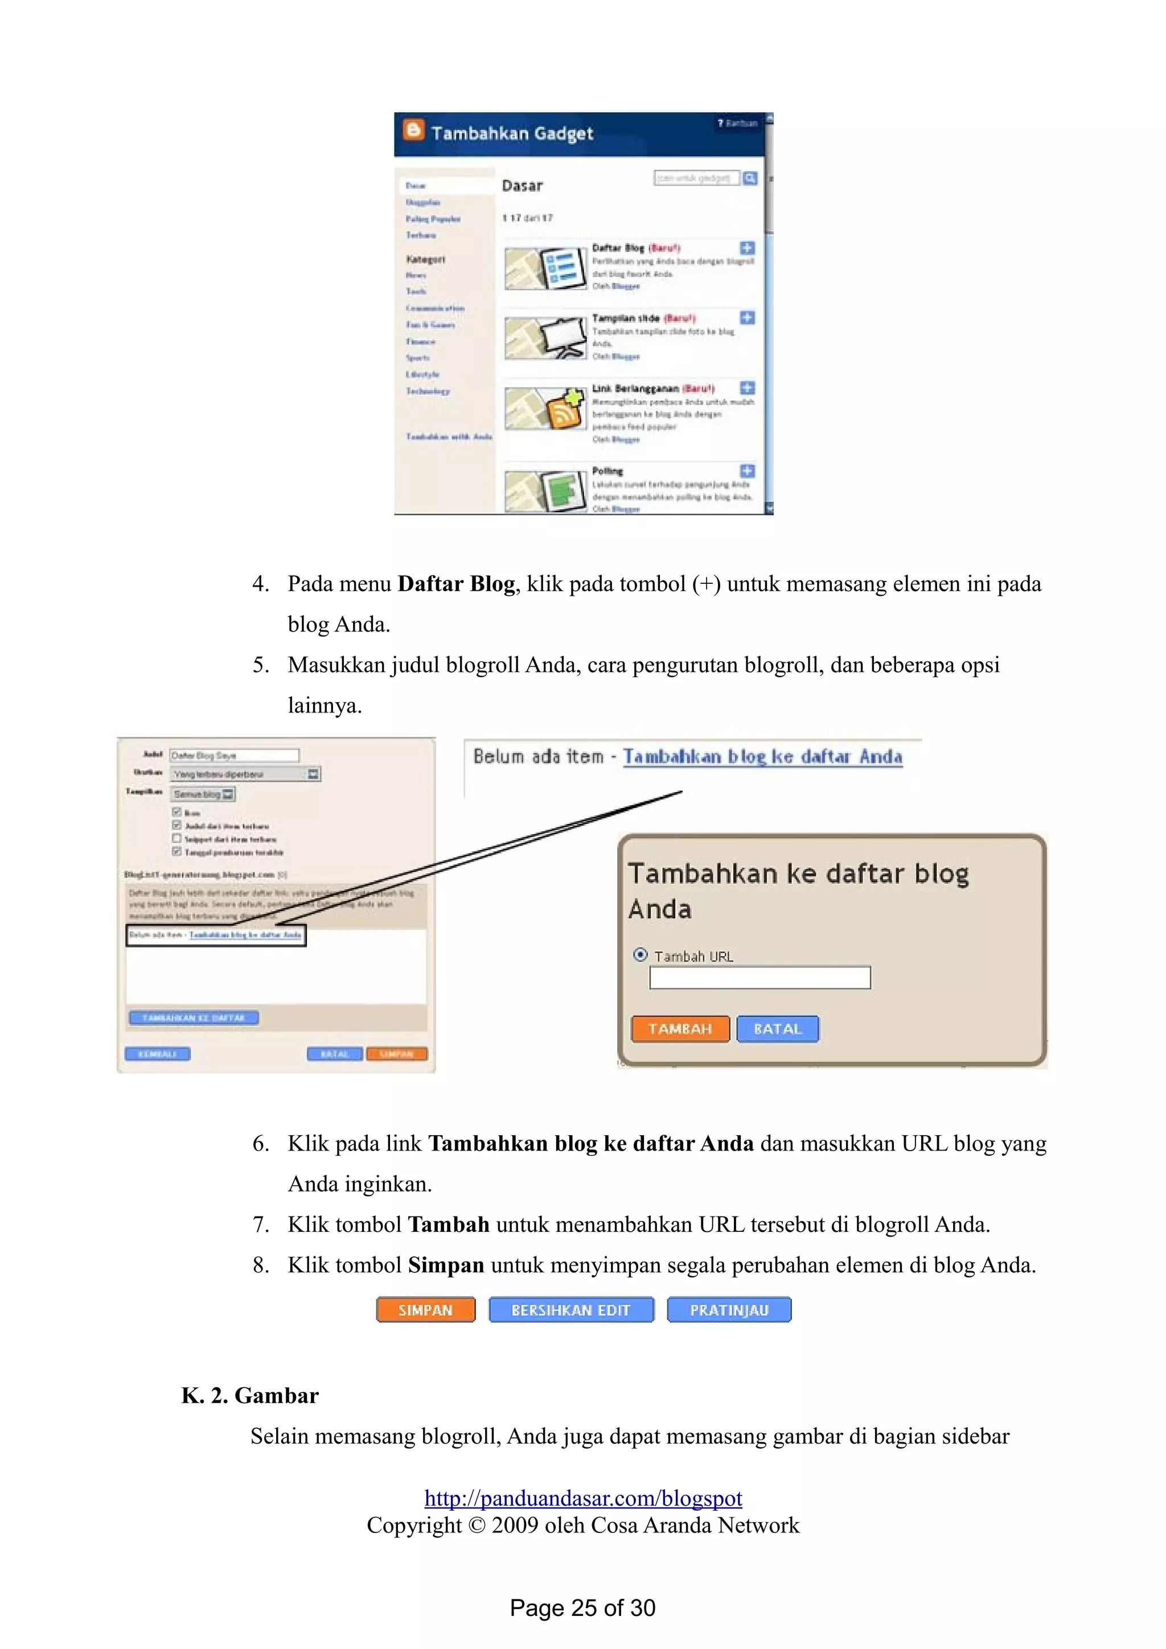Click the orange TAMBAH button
[680, 1028]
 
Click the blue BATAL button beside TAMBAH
[777, 1028]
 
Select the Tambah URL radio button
[640, 954]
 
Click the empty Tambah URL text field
[759, 978]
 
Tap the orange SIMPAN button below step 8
[425, 1309]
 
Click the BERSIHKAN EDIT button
[571, 1309]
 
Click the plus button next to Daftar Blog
[747, 248]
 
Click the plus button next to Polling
[747, 471]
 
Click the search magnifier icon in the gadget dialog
[750, 178]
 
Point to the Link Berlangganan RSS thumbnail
[544, 408]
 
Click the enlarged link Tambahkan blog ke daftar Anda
[762, 756]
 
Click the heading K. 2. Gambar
[250, 1395]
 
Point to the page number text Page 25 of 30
[582, 1607]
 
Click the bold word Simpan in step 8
[445, 1265]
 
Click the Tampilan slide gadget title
[625, 318]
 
